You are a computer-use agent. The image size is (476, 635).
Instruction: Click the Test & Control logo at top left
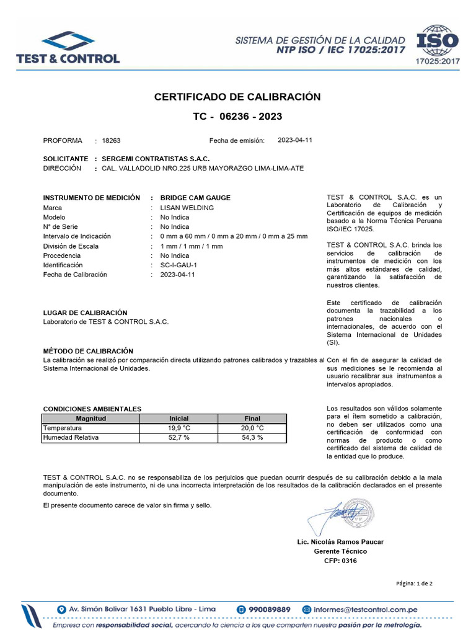click(x=69, y=47)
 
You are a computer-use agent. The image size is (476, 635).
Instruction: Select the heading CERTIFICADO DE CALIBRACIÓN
click(x=237, y=97)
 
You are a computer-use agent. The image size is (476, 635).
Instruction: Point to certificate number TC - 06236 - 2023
click(x=237, y=116)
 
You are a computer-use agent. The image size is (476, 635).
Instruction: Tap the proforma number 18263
click(x=112, y=141)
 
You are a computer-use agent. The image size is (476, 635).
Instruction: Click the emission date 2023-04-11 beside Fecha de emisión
click(x=295, y=140)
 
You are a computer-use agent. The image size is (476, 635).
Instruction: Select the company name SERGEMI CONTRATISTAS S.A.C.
click(x=156, y=159)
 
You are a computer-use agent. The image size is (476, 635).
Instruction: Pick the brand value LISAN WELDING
click(x=187, y=208)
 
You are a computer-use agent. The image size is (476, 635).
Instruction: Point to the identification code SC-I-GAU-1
click(x=178, y=265)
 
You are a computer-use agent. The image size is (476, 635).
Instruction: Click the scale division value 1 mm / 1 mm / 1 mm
click(x=191, y=246)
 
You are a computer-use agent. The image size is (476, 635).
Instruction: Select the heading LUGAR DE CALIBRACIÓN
click(x=85, y=313)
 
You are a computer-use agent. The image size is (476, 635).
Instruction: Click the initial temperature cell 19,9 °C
click(x=178, y=428)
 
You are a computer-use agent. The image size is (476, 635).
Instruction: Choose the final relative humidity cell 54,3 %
click(x=252, y=437)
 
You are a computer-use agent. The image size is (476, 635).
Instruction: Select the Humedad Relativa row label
click(x=71, y=437)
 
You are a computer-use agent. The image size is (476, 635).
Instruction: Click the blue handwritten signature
click(x=338, y=514)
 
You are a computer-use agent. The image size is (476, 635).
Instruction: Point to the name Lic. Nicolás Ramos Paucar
click(x=340, y=541)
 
